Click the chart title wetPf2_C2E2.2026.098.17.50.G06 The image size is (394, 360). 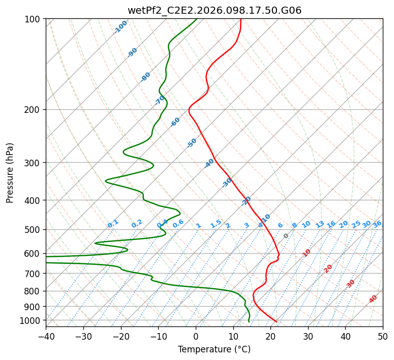[x=214, y=10]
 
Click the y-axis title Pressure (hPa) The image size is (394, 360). [x=10, y=173]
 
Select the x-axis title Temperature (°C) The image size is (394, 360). [x=214, y=349]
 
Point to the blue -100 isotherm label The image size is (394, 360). [x=120, y=27]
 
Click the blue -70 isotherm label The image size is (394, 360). [x=160, y=100]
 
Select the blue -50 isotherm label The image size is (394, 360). [x=192, y=143]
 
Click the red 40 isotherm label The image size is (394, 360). [x=373, y=299]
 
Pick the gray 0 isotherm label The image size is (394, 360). [x=286, y=236]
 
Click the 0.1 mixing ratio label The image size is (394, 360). [x=113, y=224]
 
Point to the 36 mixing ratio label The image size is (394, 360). [x=377, y=224]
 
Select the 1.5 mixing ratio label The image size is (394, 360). [x=216, y=224]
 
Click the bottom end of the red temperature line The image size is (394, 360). [x=276, y=321]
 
